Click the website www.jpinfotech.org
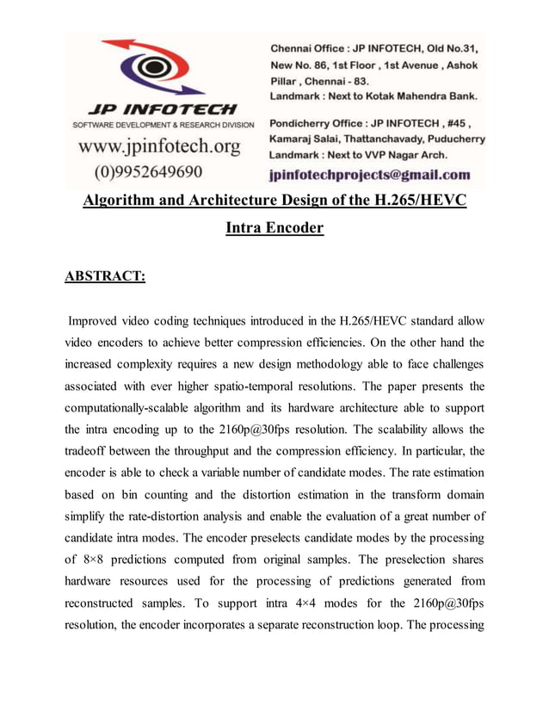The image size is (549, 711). [x=159, y=147]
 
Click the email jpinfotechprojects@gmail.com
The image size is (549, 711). [x=370, y=175]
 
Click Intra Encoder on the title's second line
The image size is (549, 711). [x=274, y=229]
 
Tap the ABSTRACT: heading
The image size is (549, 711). [x=106, y=275]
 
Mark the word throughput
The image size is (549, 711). [x=265, y=450]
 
